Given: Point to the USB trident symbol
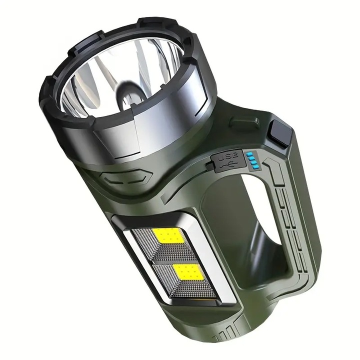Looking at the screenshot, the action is tap(227, 165).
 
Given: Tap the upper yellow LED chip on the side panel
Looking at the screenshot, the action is tap(168, 236).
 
